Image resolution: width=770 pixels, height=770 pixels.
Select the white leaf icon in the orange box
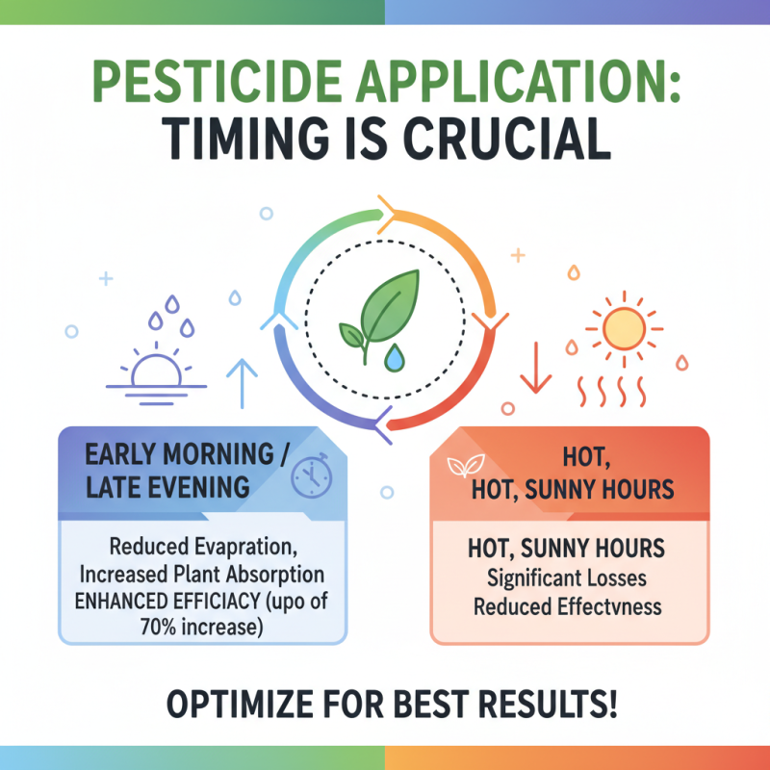(x=464, y=468)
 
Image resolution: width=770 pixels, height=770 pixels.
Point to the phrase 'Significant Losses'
(x=567, y=581)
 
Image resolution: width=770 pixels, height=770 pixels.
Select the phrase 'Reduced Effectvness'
(x=567, y=607)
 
